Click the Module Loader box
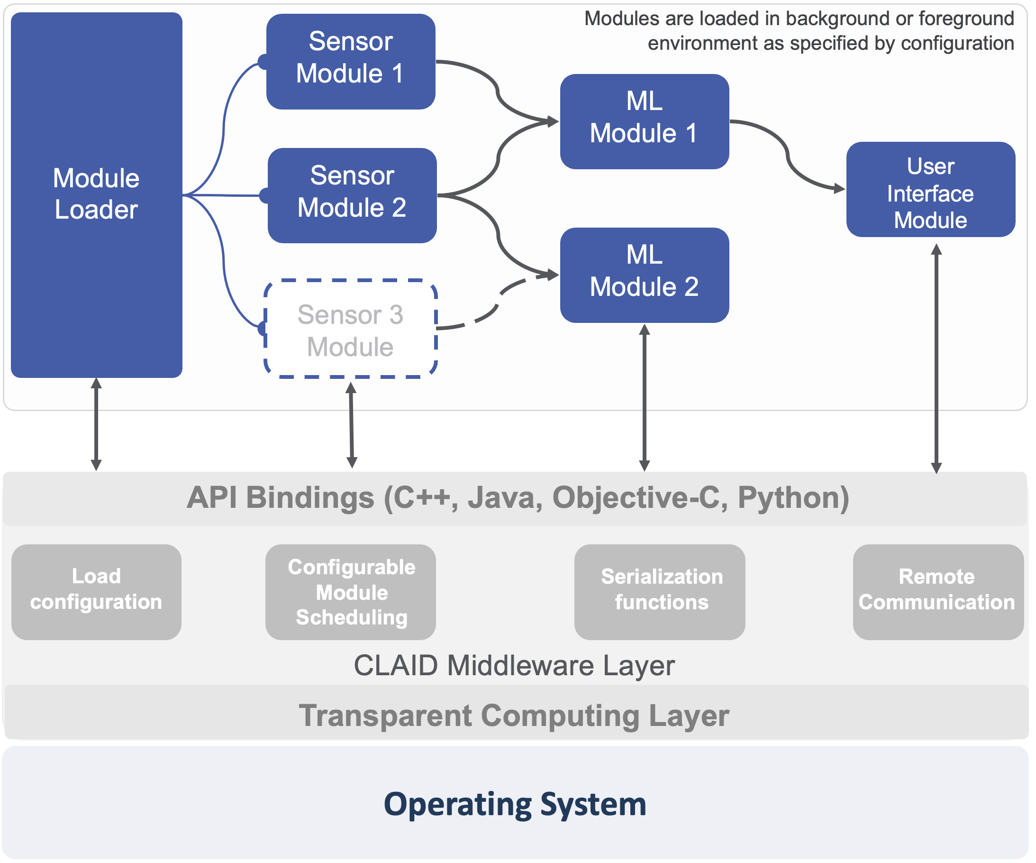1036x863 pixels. coord(97,195)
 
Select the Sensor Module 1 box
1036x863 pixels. coord(351,62)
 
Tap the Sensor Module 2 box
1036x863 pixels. coord(353,196)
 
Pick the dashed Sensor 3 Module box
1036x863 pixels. coord(351,329)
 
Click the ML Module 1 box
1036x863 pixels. coord(645,122)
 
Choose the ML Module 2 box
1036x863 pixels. coord(645,275)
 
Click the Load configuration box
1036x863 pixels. coord(97,593)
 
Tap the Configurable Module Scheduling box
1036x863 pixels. coord(351,593)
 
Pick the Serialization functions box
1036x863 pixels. coord(661,593)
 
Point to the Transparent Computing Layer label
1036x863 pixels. coord(515,716)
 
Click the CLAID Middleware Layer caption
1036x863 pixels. coord(515,666)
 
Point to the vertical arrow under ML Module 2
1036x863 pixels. coord(645,398)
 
